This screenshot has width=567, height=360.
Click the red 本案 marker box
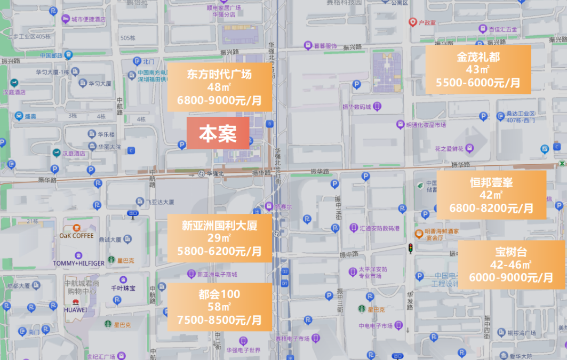(218, 134)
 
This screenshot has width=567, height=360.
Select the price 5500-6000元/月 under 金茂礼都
(477, 83)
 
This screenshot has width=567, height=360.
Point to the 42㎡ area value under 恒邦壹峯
(491, 195)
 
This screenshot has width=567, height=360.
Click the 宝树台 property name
(510, 252)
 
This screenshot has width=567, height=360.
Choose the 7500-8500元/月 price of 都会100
(219, 320)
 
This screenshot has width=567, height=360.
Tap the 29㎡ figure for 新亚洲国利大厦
(219, 238)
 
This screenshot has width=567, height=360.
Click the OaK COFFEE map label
(76, 236)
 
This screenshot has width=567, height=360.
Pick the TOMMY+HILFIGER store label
(79, 263)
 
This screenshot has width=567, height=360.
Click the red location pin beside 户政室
(412, 22)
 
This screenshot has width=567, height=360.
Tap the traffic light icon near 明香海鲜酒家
(410, 248)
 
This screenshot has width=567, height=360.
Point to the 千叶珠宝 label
(123, 288)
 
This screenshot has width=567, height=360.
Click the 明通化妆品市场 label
(425, 125)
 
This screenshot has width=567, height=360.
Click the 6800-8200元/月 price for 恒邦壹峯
(491, 208)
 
